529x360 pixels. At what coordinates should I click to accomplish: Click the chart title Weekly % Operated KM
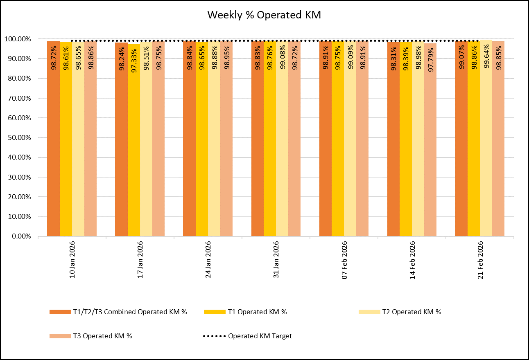[264, 15]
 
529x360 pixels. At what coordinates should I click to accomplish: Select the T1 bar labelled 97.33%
[133, 139]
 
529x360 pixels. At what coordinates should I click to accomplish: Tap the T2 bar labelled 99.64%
[486, 139]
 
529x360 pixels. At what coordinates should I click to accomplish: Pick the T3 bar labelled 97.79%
[430, 139]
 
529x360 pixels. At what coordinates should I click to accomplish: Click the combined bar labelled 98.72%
[53, 139]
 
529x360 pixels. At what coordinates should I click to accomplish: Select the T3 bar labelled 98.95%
[226, 139]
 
